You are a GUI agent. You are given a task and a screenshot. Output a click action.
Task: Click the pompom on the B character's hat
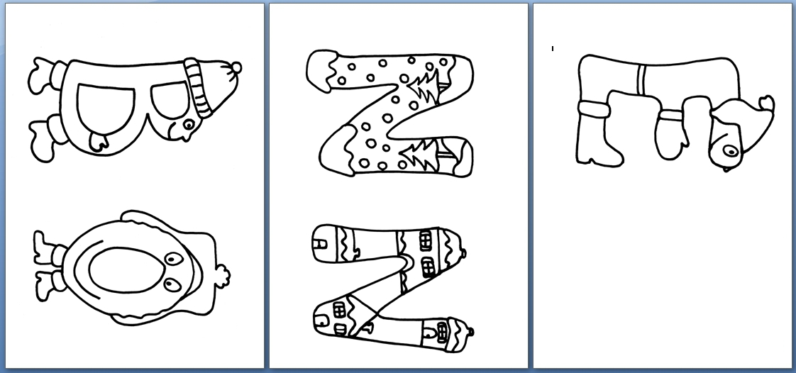click(236, 67)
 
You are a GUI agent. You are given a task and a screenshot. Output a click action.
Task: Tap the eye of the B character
click(189, 124)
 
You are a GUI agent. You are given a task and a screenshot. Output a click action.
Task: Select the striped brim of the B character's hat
click(197, 87)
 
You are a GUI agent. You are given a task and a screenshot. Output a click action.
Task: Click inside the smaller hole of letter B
click(170, 99)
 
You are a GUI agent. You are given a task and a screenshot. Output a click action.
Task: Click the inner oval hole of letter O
click(127, 270)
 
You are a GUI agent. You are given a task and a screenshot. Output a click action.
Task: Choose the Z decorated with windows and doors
click(389, 286)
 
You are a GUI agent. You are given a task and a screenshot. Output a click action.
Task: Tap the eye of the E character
click(731, 151)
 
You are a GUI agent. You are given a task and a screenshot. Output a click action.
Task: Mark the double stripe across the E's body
click(641, 79)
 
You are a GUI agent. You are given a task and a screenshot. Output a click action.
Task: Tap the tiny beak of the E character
click(727, 169)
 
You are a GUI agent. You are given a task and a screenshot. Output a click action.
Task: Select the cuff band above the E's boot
click(593, 109)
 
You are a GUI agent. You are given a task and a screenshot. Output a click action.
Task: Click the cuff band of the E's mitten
click(670, 116)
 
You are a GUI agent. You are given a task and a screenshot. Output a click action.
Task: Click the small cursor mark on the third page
click(553, 49)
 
